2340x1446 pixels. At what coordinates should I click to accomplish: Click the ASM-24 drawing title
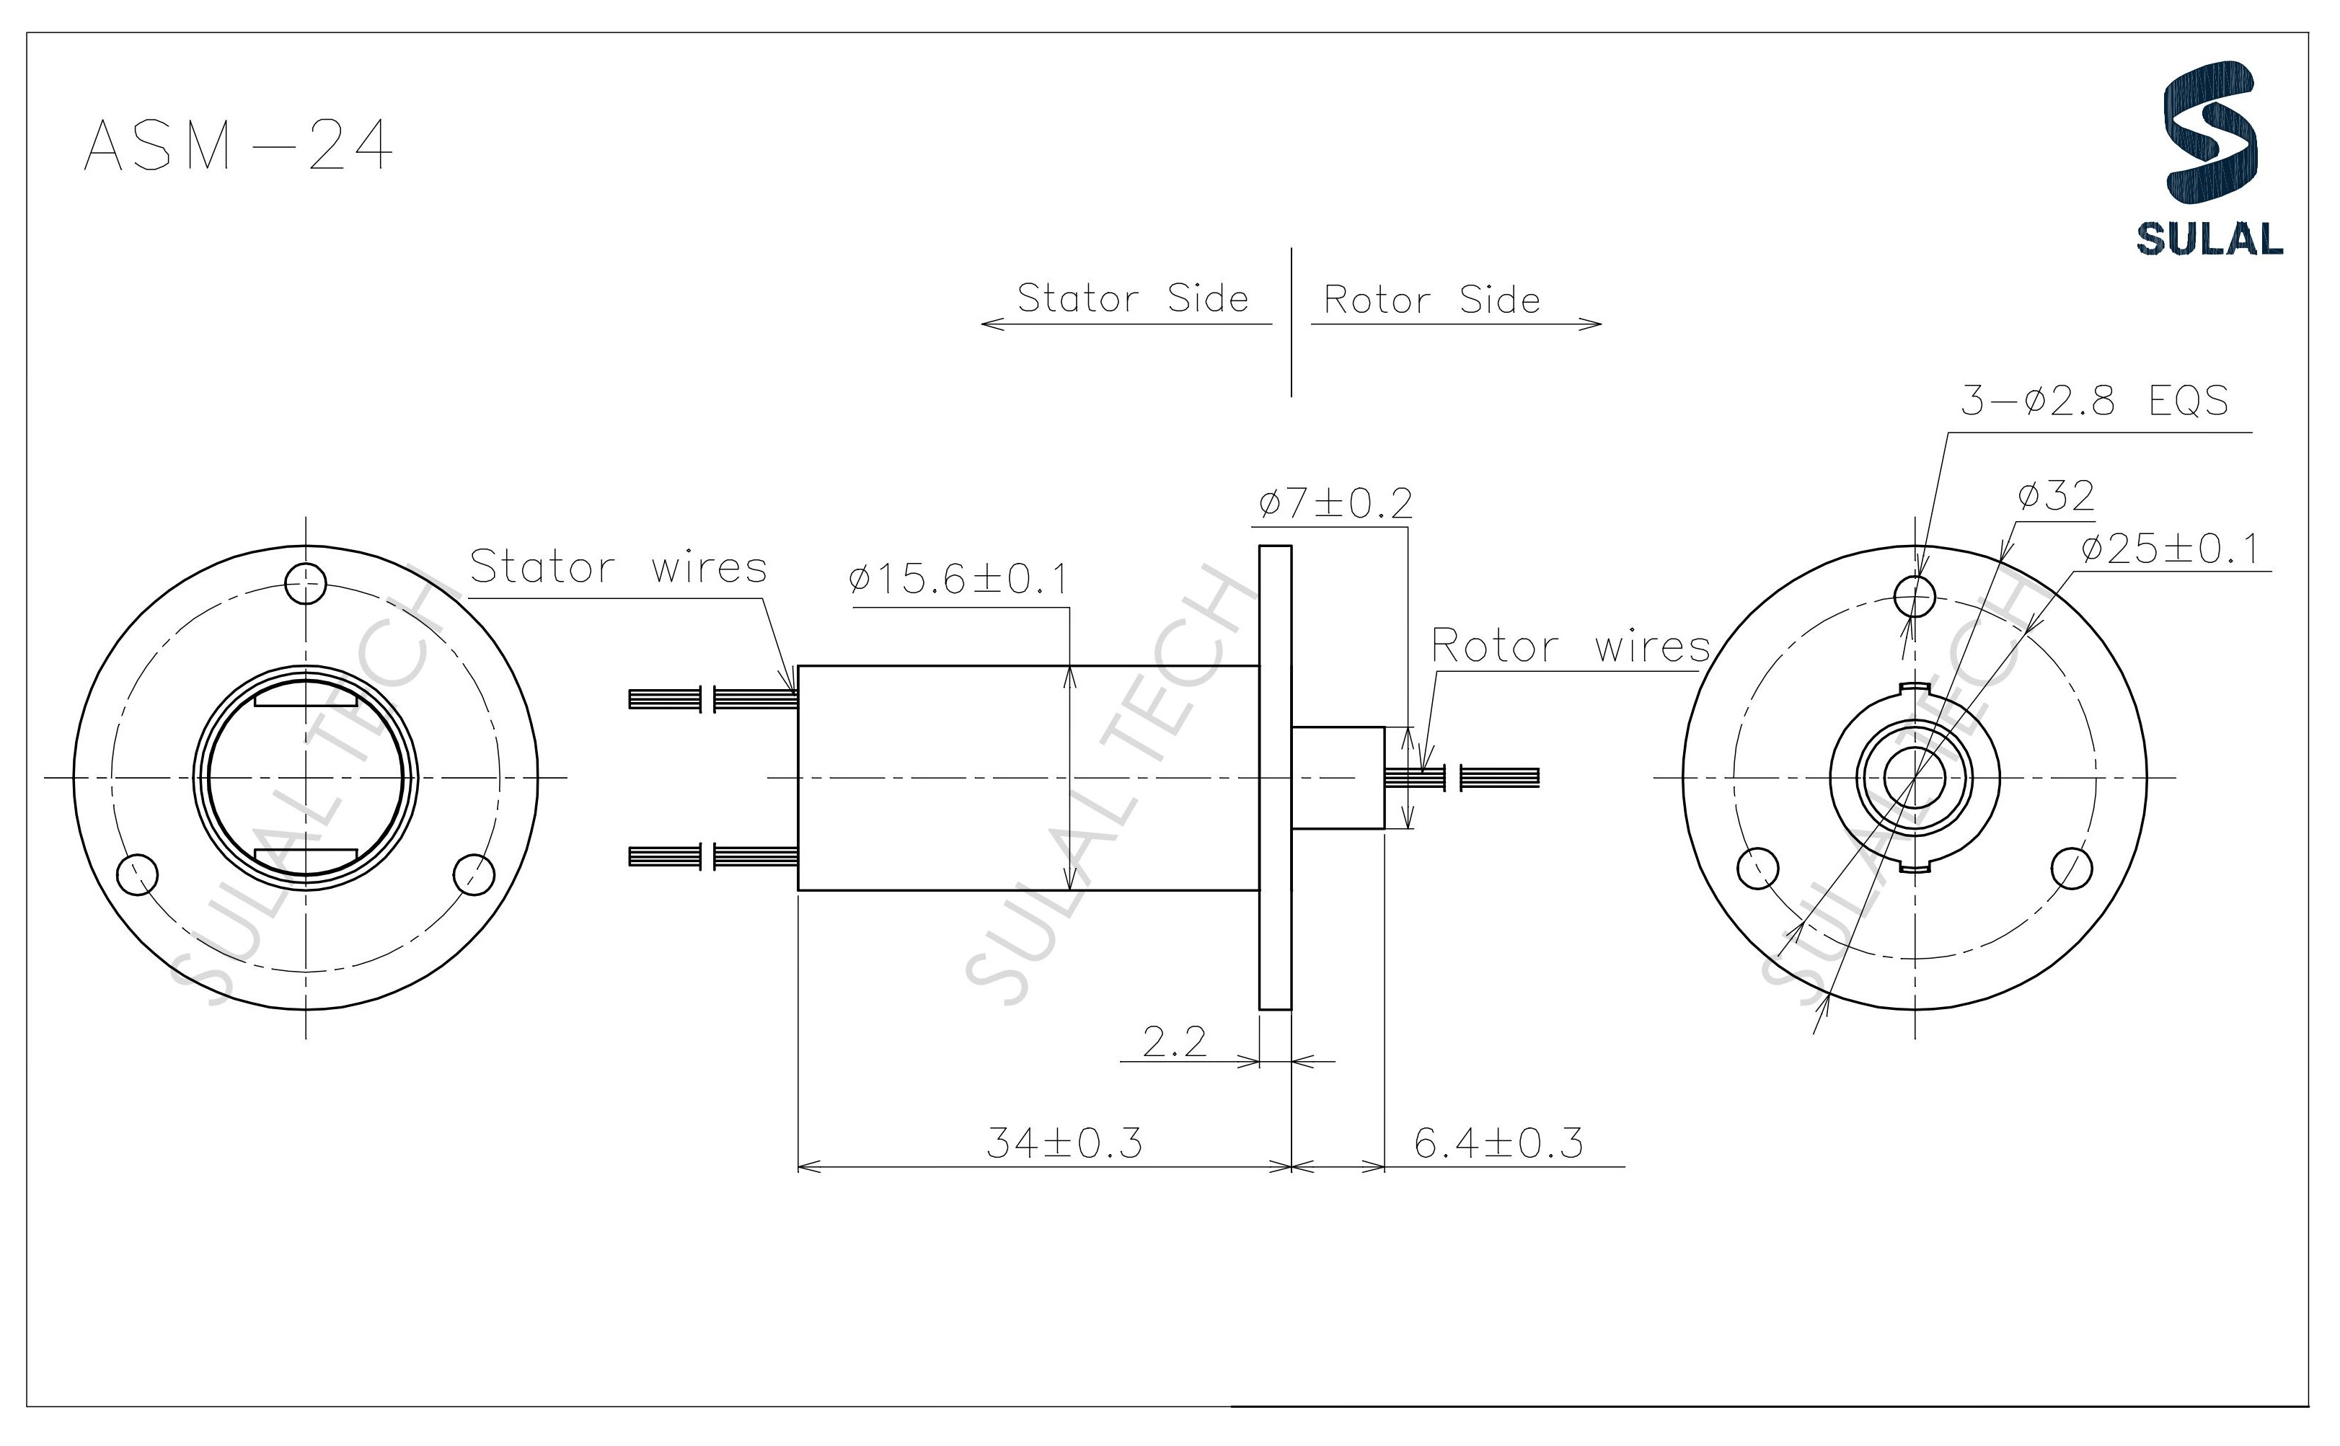tap(238, 146)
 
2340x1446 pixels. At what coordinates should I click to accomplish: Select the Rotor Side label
tap(1431, 301)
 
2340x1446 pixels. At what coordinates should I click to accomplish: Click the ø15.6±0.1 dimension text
tap(958, 580)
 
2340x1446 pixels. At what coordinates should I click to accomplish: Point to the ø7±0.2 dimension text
tap(1335, 503)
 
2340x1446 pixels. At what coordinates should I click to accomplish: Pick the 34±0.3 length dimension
tap(1064, 1143)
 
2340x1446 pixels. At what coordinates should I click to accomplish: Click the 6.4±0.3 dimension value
tap(1498, 1143)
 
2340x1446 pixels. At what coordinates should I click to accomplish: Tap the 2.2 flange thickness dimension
tap(1174, 1042)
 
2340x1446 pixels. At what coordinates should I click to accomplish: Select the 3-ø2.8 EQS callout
tap(2093, 401)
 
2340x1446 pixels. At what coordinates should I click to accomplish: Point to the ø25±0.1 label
tap(2169, 550)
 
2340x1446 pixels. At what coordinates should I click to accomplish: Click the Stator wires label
tap(618, 567)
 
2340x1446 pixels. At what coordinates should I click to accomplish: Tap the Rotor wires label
tap(1570, 647)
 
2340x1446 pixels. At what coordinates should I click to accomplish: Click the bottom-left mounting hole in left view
tap(137, 873)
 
